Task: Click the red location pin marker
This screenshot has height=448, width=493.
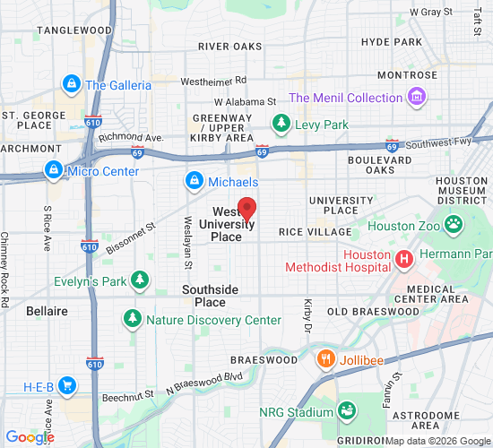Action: click(x=246, y=209)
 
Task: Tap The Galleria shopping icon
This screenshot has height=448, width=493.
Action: click(x=71, y=85)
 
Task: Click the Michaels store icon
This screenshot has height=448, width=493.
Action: click(x=193, y=182)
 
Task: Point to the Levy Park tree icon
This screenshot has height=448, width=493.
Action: click(x=281, y=124)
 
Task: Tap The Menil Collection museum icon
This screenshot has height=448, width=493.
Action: click(x=416, y=97)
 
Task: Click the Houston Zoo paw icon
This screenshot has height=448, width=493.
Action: click(x=454, y=225)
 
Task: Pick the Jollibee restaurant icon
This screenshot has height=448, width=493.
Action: click(x=326, y=359)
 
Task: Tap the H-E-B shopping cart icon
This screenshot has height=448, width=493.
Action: click(x=67, y=387)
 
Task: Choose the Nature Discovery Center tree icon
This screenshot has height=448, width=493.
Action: click(x=133, y=319)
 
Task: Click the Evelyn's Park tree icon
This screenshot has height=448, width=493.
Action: click(x=139, y=280)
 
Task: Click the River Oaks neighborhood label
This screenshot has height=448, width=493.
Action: click(x=230, y=47)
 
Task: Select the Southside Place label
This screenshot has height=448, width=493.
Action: click(x=210, y=296)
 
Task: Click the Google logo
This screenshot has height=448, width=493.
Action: click(x=30, y=437)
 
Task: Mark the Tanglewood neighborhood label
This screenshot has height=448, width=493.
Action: click(x=73, y=30)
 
